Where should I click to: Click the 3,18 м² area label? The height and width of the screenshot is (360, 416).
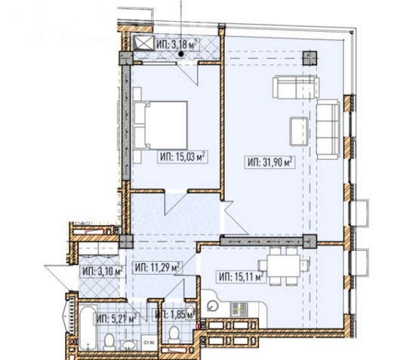[x=177, y=44]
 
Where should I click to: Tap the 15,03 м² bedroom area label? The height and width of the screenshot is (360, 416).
[x=183, y=157]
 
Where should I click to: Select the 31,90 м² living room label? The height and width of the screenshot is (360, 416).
[x=270, y=162]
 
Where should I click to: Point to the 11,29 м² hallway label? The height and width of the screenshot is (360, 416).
[x=158, y=267]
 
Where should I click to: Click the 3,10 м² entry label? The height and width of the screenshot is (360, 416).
[x=103, y=271]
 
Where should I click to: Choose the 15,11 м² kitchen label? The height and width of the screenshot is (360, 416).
[x=241, y=277]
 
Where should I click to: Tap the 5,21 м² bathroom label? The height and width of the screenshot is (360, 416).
[x=116, y=318]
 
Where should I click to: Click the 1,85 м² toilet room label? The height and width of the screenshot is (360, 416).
[x=174, y=315]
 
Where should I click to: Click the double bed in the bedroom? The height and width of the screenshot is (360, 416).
[x=161, y=125]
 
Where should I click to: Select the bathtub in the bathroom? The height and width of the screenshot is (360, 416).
[x=88, y=329]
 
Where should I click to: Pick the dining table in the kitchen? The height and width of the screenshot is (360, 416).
[x=284, y=266]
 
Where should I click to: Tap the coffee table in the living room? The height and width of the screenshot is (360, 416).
[x=299, y=131]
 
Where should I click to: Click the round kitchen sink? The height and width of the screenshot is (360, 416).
[x=212, y=306]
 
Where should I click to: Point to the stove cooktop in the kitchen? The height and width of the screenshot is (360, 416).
[x=239, y=309]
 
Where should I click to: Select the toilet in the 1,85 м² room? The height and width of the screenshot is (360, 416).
[x=174, y=334]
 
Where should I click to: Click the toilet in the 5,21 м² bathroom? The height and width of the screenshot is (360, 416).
[x=109, y=342]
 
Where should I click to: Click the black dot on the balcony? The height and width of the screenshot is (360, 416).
[x=181, y=54]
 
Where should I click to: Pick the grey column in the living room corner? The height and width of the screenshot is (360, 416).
[x=310, y=58]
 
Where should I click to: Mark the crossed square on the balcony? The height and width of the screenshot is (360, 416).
[x=143, y=43]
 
